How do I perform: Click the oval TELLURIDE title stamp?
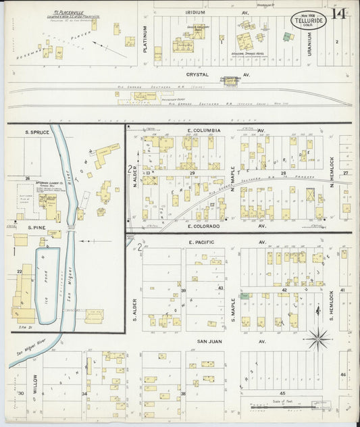[x=308, y=21]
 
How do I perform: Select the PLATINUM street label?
[x=145, y=39]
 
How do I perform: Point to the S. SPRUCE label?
[x=37, y=132]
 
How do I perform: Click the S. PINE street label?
[x=36, y=228]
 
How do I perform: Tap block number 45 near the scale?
[x=283, y=393]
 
